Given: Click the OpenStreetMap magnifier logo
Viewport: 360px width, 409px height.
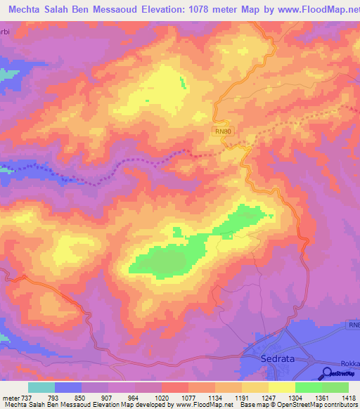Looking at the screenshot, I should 328,373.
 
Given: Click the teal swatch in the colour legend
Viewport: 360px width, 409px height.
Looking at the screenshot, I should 41,387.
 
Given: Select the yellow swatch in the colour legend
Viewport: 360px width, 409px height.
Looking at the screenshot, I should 282,387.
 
